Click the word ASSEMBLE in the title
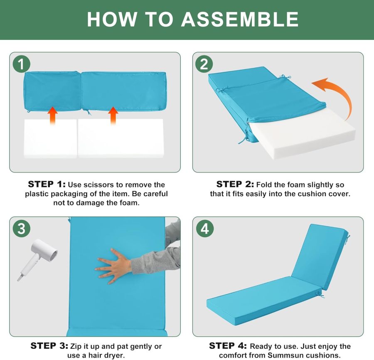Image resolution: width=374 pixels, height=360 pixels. [x=240, y=19]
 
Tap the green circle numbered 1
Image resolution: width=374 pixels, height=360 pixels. [x=22, y=64]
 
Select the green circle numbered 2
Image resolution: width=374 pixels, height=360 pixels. [x=204, y=64]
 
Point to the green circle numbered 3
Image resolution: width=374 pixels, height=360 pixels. [x=22, y=229]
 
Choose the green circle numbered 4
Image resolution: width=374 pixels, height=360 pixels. [x=205, y=229]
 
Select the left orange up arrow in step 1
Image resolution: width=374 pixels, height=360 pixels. [x=52, y=116]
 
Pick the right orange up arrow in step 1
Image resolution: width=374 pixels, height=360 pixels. [x=113, y=116]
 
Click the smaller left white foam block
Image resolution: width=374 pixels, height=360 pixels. [x=50, y=138]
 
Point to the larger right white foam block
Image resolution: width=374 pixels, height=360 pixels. [x=121, y=138]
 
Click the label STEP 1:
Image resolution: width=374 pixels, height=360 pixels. [x=47, y=185]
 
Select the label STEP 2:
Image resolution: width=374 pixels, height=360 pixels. [x=235, y=185]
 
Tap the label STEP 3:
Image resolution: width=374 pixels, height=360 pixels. [x=49, y=346]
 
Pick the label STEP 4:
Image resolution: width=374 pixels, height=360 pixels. [x=228, y=346]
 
